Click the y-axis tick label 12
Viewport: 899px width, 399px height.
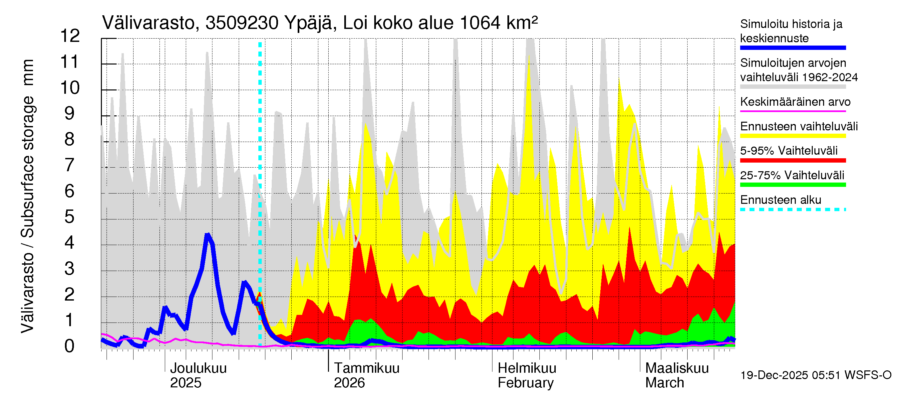[x=70, y=36]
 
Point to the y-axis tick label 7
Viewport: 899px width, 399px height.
[x=70, y=165]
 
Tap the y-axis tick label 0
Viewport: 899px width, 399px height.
[x=70, y=346]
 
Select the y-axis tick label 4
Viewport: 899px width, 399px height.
[x=70, y=242]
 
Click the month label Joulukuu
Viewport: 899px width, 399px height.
[x=198, y=368]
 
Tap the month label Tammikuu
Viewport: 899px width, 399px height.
[x=367, y=368]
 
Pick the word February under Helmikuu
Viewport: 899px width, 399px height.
[x=525, y=383]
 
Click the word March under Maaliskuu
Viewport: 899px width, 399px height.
[x=665, y=383]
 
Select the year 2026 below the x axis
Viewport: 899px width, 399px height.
[x=349, y=383]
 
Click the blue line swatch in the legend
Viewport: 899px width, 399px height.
[x=792, y=48]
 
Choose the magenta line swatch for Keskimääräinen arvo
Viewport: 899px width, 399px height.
[x=792, y=111]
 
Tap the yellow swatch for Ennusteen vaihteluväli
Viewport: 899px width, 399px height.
[x=792, y=136]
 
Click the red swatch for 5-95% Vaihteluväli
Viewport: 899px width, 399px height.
[x=792, y=160]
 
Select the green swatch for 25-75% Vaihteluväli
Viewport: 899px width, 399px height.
[x=792, y=185]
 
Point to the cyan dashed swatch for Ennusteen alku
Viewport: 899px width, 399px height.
[x=792, y=209]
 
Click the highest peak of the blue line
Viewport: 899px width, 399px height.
[x=208, y=235]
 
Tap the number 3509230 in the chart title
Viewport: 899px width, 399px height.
[x=241, y=23]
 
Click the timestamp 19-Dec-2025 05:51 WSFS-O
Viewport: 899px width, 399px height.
[x=815, y=375]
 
